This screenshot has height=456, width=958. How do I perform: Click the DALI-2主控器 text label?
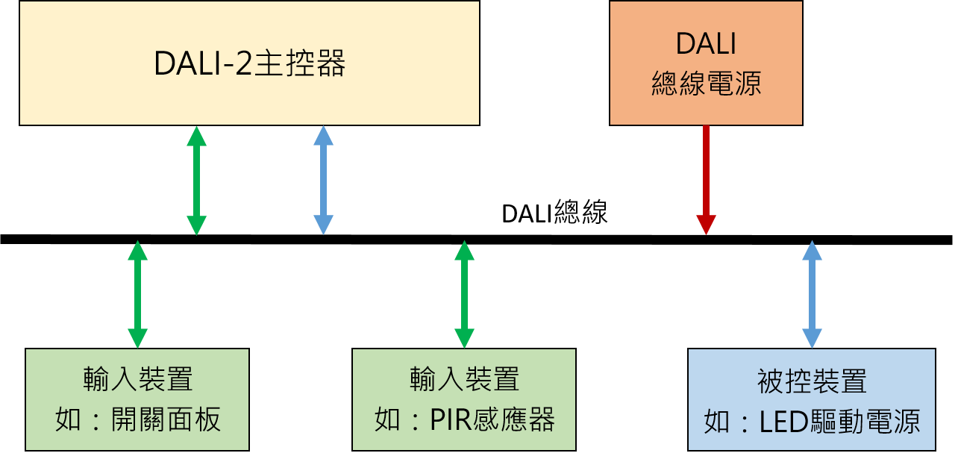click(250, 63)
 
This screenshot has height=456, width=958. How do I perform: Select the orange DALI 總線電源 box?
click(706, 63)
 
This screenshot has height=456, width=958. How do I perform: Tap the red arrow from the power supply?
click(706, 180)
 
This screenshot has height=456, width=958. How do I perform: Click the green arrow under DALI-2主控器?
click(197, 181)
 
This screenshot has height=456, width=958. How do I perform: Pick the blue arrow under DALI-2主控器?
click(323, 181)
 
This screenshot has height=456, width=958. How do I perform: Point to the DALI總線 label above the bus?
click(554, 212)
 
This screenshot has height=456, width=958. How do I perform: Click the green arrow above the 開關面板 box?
click(138, 294)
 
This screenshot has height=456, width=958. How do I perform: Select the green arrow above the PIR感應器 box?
click(465, 294)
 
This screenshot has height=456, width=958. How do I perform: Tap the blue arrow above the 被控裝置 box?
click(813, 294)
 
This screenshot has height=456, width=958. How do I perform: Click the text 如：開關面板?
click(138, 419)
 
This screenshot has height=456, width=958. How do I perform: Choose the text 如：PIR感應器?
click(465, 419)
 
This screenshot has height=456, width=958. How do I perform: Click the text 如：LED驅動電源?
click(813, 422)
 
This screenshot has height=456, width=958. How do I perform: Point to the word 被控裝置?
click(813, 381)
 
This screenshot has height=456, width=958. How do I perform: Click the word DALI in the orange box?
click(706, 43)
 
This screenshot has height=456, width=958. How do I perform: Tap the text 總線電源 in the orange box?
click(706, 83)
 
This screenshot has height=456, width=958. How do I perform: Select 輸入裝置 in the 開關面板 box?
click(138, 379)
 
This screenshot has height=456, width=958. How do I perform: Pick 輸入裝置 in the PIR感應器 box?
click(465, 379)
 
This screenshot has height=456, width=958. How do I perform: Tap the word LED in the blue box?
click(783, 422)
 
